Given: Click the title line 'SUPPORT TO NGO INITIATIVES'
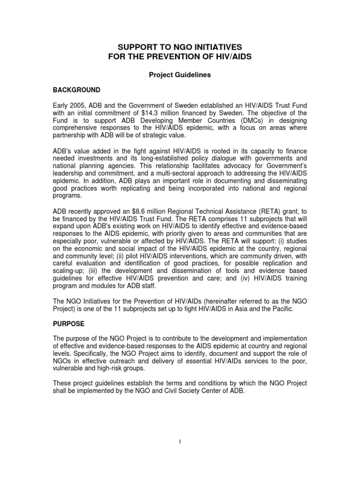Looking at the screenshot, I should pos(180,47).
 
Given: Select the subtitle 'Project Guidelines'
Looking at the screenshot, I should pos(180,75).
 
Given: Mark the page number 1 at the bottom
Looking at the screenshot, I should pos(180,454).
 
